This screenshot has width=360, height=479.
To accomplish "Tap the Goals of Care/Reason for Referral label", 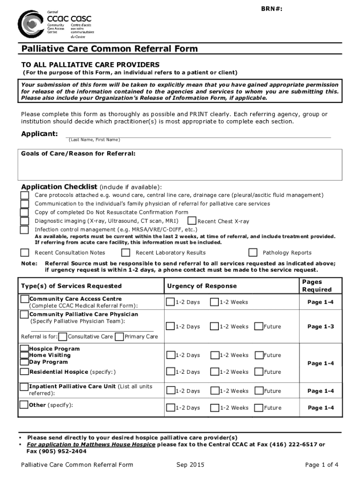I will click(79, 153).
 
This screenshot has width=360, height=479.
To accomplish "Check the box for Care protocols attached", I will click(24, 195).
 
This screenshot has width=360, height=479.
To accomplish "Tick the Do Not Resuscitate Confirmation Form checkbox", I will click(24, 212).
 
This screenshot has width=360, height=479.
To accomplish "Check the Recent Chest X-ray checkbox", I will click(192, 221).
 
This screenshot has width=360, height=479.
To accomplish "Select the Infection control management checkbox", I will click(24, 230).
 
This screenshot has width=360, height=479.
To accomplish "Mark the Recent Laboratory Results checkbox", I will click(126, 253).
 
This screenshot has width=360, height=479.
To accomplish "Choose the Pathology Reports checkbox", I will click(253, 253).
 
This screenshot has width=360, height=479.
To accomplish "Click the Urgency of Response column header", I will click(202, 286).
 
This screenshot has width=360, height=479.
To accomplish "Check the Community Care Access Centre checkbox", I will click(24, 299).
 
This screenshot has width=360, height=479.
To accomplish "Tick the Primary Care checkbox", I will click(120, 336).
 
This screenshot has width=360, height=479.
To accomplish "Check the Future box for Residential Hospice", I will click(259, 372).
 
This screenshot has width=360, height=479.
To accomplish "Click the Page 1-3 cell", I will click(320, 327).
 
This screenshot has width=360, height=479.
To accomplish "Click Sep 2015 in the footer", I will click(190, 464).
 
